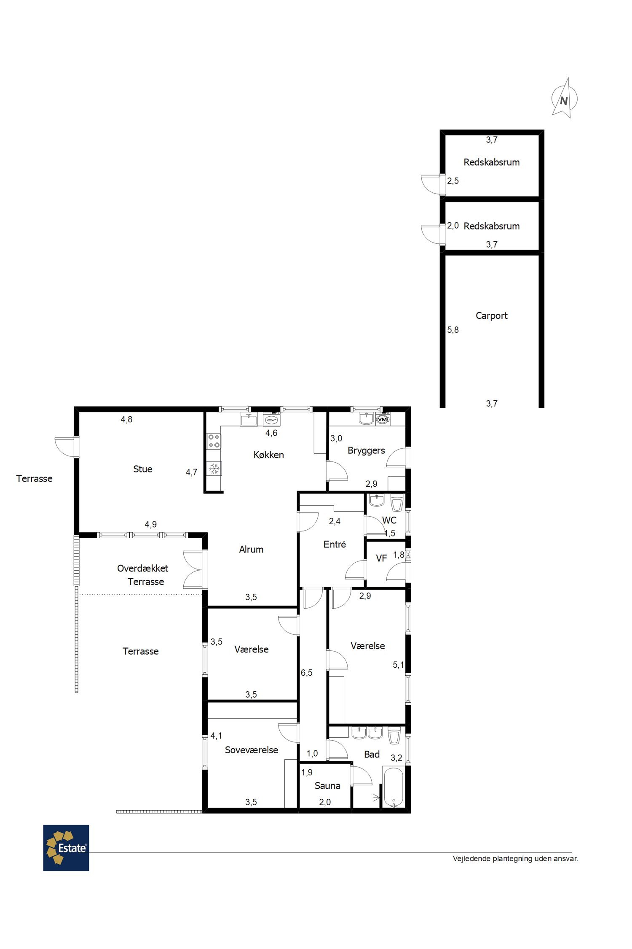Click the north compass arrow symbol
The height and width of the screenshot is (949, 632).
(565, 98)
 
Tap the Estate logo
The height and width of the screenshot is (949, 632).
(66, 848)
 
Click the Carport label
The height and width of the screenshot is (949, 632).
(491, 315)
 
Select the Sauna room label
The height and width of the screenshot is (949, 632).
(327, 785)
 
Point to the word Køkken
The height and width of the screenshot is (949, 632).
(268, 455)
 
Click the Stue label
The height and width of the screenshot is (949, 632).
(142, 469)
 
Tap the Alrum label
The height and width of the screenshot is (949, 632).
(251, 549)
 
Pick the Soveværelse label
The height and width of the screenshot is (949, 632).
(251, 750)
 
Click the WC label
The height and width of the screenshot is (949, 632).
(389, 520)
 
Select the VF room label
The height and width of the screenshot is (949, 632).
(381, 558)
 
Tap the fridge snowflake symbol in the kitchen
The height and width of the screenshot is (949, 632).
(214, 469)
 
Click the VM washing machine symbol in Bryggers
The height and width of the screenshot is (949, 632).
(382, 420)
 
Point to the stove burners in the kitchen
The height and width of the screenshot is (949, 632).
(214, 441)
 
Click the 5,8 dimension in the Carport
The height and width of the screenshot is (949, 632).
(453, 330)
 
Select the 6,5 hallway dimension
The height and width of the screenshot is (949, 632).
(307, 673)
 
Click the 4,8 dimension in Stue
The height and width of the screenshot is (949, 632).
(126, 419)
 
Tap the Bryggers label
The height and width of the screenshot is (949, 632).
(366, 450)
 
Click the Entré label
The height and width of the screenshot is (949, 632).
(335, 544)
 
